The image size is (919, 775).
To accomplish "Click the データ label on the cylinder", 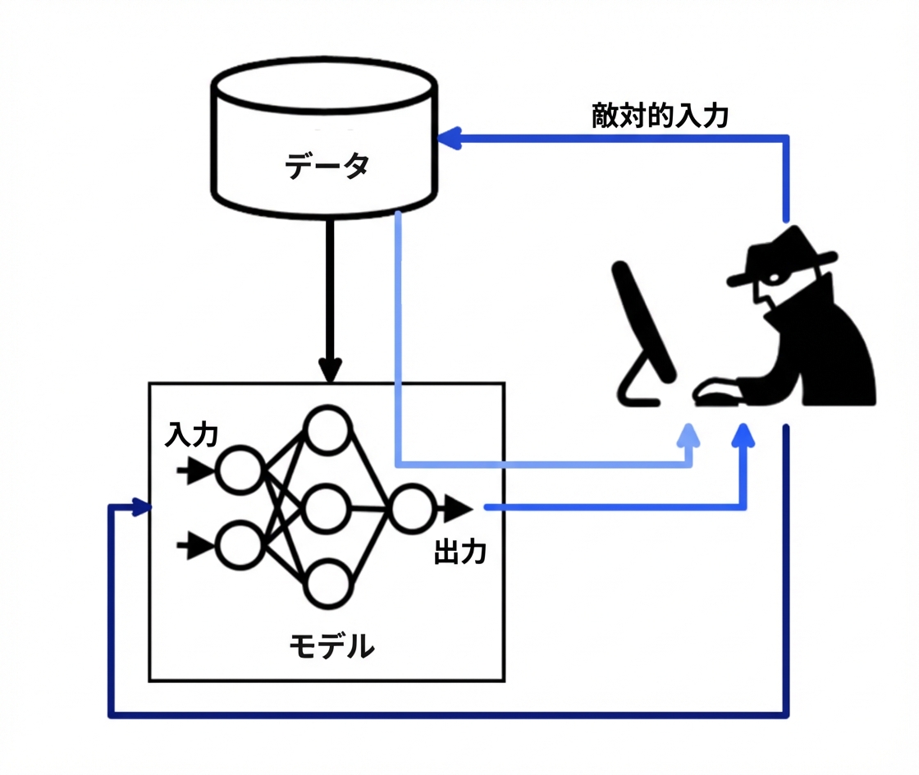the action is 327,165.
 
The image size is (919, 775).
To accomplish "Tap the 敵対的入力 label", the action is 660,116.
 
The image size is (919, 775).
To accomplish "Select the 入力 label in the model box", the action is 192,435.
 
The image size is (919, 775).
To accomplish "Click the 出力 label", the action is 460,553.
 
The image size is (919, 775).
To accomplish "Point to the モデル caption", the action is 331,646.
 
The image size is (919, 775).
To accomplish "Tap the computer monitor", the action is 643,333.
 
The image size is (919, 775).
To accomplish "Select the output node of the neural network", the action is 412,508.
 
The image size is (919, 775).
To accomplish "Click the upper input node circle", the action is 239,470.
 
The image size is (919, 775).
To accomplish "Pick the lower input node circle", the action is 239,546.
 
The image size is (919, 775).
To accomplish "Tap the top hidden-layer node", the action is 327,430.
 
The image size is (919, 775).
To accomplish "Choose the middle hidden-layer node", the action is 327,508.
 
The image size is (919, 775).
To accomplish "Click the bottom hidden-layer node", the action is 327,584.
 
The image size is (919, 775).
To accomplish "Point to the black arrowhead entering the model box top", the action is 330,370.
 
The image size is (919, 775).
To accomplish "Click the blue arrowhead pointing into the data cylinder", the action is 450,139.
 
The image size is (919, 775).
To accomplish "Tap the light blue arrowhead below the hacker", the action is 688,436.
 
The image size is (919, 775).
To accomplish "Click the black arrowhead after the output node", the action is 458,508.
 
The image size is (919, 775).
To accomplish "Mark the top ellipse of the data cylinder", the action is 324,85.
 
